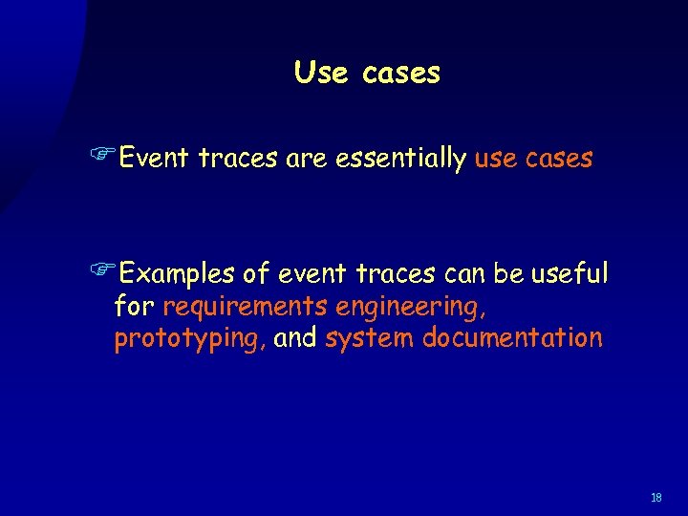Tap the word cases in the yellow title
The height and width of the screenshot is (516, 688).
click(x=401, y=74)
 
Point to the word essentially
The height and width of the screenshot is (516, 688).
click(x=400, y=159)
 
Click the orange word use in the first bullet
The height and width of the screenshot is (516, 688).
click(x=496, y=159)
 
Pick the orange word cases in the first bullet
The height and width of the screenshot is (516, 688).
click(x=558, y=159)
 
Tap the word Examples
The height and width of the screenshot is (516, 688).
click(x=180, y=275)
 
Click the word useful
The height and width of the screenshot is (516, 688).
click(x=570, y=274)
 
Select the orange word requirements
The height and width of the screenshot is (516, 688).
click(x=245, y=308)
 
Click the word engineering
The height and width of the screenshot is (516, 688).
click(x=419, y=308)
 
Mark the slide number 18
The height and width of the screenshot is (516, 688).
click(x=656, y=498)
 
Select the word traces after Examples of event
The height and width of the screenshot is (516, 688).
click(x=396, y=275)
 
